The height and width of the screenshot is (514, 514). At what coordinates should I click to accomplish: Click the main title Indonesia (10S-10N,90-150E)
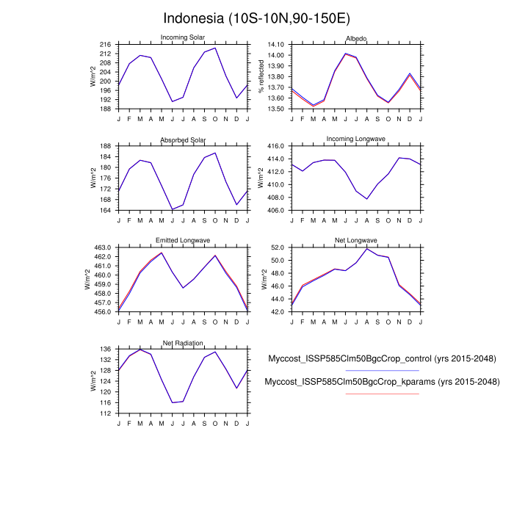tap(256, 18)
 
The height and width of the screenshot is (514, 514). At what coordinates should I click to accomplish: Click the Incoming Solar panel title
tap(183, 38)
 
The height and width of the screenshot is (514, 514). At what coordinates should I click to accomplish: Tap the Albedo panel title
tap(356, 38)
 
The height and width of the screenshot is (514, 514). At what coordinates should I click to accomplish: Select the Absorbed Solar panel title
tap(183, 140)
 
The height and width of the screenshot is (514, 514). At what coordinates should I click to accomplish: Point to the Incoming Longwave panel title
tap(356, 140)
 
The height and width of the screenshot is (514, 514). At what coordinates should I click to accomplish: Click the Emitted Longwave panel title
tap(183, 241)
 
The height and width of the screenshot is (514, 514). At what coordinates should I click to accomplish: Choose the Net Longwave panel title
tap(356, 241)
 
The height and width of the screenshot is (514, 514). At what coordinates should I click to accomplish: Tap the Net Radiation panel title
tap(183, 343)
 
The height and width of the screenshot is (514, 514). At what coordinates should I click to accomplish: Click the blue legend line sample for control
tap(382, 371)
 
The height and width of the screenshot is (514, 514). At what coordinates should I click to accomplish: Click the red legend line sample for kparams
tap(382, 394)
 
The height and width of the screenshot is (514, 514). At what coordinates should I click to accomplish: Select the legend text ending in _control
tap(382, 359)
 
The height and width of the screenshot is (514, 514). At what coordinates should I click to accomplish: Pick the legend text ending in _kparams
tap(382, 383)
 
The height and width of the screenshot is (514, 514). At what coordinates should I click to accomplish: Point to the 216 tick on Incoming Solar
tap(105, 45)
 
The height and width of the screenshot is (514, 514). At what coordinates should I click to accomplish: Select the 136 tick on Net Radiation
tap(105, 349)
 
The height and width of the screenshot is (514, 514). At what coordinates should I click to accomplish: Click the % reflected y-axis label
tap(261, 76)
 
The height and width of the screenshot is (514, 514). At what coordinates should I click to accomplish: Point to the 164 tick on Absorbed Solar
tap(105, 210)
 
